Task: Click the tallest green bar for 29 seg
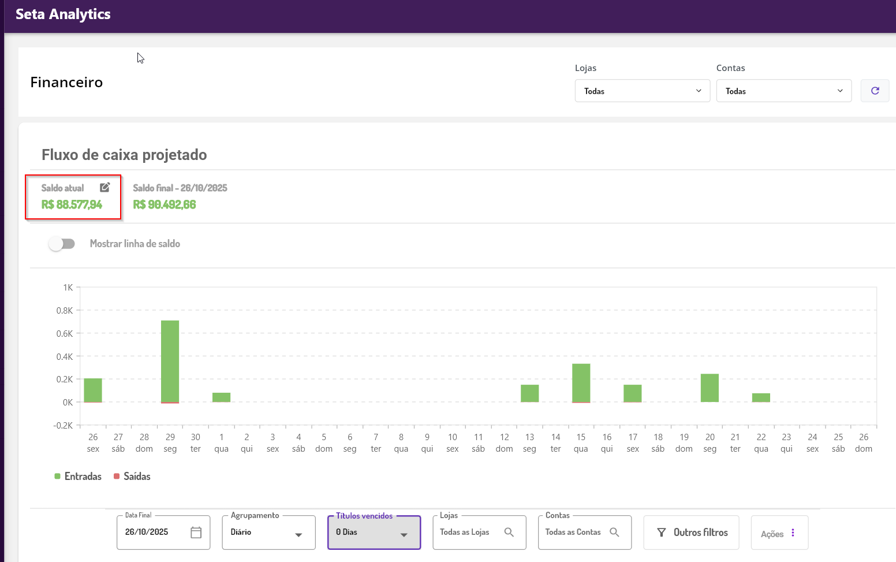[170, 361]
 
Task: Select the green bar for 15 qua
[581, 382]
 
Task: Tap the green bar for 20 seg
[710, 388]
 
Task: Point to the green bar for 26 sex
[93, 390]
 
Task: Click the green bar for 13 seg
[529, 393]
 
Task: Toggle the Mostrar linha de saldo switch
[62, 244]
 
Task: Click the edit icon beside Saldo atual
[104, 187]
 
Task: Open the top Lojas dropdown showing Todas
[642, 91]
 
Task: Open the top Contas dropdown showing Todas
[783, 91]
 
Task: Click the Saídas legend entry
[132, 477]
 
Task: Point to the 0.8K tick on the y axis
[65, 311]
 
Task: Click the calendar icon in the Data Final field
[196, 533]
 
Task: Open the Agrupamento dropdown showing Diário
[268, 533]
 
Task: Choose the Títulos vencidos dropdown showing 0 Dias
[374, 533]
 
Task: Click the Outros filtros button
[691, 533]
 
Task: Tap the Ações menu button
[779, 534]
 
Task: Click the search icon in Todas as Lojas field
[509, 532]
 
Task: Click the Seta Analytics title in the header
[63, 14]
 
